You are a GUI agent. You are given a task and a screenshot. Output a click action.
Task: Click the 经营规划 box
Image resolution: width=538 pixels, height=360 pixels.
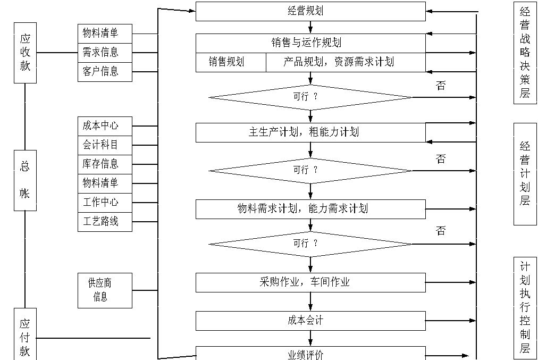310,11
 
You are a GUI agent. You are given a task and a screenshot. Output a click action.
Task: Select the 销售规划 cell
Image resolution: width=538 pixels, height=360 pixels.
231,62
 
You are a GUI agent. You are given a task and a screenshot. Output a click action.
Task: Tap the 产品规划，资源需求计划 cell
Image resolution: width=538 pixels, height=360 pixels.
346,62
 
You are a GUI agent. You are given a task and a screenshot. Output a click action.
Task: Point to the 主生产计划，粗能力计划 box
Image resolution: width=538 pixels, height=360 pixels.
310,132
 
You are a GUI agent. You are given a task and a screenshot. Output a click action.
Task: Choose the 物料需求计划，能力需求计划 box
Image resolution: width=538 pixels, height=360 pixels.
310,209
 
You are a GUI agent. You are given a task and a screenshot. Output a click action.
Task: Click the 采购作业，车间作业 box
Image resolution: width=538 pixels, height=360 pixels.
310,282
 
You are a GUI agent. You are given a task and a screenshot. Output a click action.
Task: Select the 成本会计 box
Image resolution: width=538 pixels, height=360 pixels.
310,321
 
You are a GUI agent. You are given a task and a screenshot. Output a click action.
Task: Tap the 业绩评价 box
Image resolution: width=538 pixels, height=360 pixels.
310,354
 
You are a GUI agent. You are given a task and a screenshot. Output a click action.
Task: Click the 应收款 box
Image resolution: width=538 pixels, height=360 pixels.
25,52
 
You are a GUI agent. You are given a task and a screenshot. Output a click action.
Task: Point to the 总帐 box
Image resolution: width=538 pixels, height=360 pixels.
25,180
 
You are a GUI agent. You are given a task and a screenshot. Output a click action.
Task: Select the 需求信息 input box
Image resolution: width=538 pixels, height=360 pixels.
105,52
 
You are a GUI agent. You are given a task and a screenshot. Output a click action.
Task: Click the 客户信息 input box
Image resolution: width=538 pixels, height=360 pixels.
105,71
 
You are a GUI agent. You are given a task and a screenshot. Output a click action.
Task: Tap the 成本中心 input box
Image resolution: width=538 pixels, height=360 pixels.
105,126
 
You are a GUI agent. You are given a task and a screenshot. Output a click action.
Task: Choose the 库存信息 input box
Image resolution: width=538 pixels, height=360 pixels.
105,164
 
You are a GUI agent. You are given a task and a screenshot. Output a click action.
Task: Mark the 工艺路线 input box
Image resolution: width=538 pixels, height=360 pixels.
105,222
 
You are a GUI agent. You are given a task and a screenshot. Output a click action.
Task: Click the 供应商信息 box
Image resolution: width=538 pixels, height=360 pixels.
105,290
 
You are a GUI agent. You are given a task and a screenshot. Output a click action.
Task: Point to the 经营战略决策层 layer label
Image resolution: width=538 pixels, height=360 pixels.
525,53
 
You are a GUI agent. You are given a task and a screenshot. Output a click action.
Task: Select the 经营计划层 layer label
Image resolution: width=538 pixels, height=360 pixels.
525,174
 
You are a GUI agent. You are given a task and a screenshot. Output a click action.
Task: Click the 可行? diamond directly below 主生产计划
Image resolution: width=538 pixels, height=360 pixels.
310,171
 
